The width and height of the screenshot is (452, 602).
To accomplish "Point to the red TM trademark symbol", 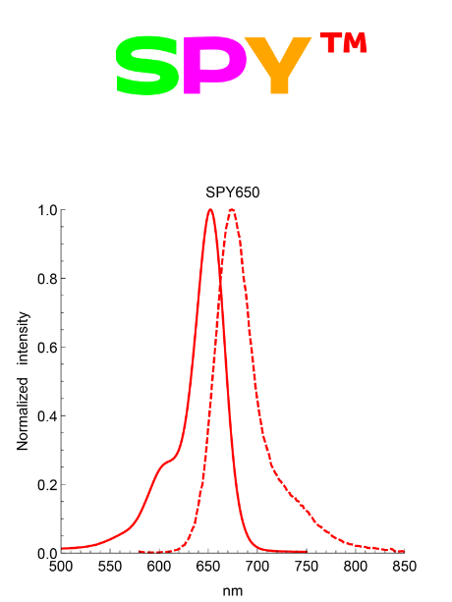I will coord(343,44).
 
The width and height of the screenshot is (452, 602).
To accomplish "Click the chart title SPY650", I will coord(233,192).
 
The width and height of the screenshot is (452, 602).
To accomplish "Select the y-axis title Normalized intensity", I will coord(24,381).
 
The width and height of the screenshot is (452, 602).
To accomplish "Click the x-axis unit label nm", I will coord(232,591).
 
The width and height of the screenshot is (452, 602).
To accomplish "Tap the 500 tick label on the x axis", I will coord(61,567).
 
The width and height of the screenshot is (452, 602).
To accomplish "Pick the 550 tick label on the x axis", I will coord(110,567).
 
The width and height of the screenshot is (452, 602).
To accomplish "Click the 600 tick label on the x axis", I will coord(159,567).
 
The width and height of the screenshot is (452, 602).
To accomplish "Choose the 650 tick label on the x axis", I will coord(208,567).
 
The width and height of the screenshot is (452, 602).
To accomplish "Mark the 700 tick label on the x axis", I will coord(257,567).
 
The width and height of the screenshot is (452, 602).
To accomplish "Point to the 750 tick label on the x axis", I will coord(307,567).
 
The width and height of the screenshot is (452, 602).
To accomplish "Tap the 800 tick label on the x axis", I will coord(356,567).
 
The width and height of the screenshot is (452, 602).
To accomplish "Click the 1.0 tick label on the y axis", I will coord(45,210).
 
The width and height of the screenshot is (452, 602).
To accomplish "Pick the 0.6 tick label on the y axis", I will coord(45,348).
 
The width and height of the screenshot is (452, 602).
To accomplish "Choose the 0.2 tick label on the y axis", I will coord(45,485).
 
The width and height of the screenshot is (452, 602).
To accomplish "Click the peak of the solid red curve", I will coord(210,210).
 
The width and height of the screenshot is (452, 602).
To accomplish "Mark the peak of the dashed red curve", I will coord(231,210).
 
